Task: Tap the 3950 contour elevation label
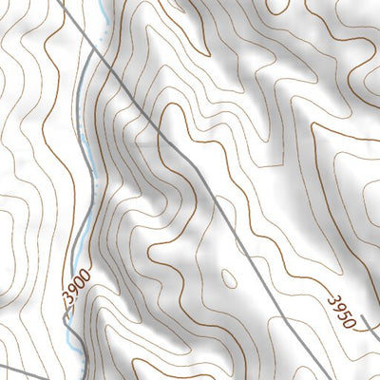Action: click(344, 311)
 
